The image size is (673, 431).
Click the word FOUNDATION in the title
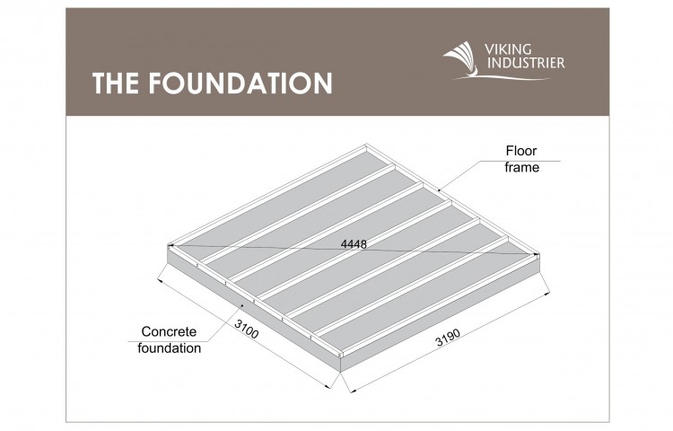click(240, 83)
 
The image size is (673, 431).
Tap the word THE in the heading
click(116, 83)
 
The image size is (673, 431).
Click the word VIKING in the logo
click(508, 49)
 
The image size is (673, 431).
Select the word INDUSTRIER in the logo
click(526, 63)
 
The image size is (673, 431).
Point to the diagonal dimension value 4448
click(354, 244)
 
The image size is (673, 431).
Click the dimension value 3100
click(247, 329)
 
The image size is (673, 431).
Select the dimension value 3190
click(448, 337)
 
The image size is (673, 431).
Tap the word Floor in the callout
click(521, 151)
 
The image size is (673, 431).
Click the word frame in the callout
click(521, 167)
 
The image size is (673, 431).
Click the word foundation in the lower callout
click(169, 347)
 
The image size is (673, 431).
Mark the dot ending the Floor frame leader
click(439, 189)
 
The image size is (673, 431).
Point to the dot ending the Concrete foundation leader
click(243, 305)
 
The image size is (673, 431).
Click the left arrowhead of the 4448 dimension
click(170, 245)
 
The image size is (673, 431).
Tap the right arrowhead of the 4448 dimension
click(535, 255)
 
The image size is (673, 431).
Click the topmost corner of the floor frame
click(366, 145)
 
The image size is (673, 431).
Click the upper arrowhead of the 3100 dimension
click(160, 281)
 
